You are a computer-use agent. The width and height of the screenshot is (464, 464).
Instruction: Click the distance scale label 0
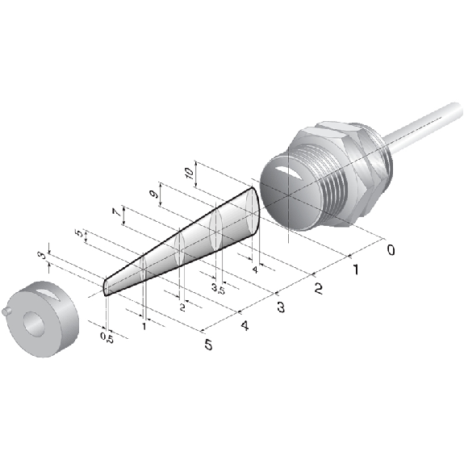pos(391,250)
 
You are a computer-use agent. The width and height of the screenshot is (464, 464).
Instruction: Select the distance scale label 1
pos(356,270)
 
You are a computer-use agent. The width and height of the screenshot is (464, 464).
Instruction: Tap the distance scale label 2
pos(319,289)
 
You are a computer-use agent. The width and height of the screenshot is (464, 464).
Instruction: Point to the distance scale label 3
pos(281,307)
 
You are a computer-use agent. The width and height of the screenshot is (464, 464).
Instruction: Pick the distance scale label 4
pos(245,326)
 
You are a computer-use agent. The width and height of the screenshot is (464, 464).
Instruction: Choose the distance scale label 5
pos(209,345)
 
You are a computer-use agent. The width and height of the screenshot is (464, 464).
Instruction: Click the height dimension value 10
pos(189,173)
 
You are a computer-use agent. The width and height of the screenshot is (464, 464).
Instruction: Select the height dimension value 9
pos(154,194)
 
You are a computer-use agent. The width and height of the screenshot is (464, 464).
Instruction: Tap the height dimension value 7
pos(116,212)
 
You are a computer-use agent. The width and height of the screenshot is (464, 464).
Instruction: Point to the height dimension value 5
pos(79,233)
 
